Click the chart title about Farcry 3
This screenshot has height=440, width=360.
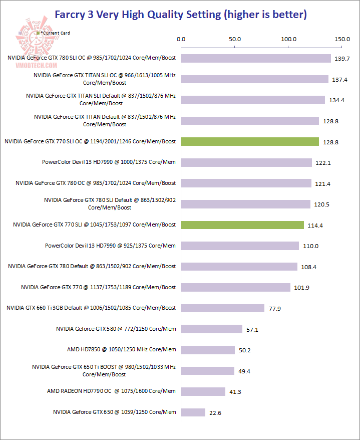[x=180, y=14]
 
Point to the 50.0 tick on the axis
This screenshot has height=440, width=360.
[x=235, y=39]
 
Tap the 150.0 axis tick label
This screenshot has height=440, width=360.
[x=342, y=39]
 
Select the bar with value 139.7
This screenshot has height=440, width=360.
[x=256, y=59]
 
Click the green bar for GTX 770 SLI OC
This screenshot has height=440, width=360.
[x=250, y=142]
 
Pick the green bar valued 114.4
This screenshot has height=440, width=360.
[x=242, y=225]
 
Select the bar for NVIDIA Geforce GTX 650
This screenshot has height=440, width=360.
[x=193, y=412]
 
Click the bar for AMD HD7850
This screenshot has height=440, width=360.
[x=208, y=350]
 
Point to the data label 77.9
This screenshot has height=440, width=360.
[x=275, y=309]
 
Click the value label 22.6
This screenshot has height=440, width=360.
[x=216, y=413]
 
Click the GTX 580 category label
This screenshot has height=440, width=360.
[x=116, y=329]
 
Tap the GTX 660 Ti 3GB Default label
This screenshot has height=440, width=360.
[x=91, y=308]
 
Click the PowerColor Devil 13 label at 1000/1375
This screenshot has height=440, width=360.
[x=109, y=162]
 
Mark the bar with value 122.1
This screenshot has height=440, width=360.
[x=246, y=162]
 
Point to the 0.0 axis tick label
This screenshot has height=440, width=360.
[x=181, y=39]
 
